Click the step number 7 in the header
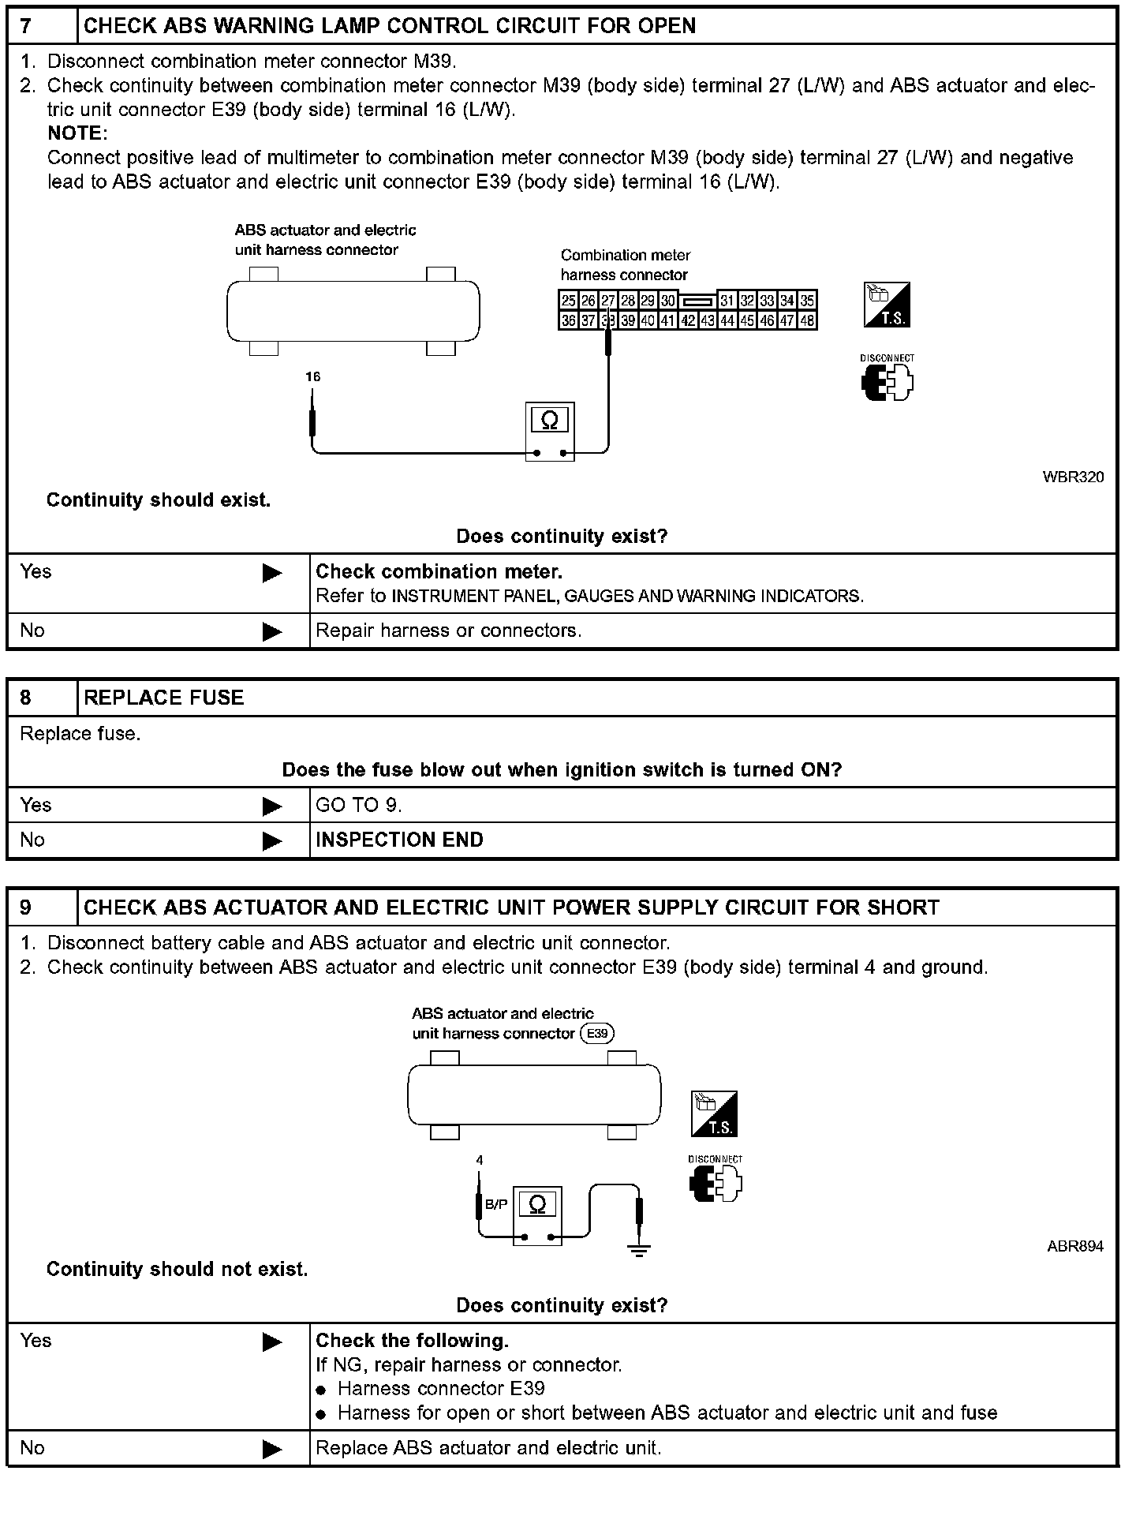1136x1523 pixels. click(x=27, y=26)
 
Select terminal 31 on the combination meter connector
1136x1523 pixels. click(x=727, y=301)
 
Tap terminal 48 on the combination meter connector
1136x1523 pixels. click(x=807, y=320)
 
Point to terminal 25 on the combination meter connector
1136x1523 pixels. click(x=568, y=301)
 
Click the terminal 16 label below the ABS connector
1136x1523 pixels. click(x=313, y=377)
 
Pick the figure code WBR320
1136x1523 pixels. click(x=1073, y=477)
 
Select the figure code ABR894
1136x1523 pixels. click(x=1074, y=1247)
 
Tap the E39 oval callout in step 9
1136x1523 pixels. click(x=597, y=1034)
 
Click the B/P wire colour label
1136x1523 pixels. click(x=496, y=1205)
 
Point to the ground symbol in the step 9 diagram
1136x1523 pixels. click(x=639, y=1249)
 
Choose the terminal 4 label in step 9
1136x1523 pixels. click(x=480, y=1160)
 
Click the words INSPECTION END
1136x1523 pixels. click(x=399, y=840)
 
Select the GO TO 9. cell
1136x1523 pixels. click(x=359, y=805)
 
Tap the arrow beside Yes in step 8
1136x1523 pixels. click(x=272, y=806)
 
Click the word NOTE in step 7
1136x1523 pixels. click(x=77, y=133)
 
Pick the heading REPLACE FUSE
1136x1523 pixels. click(x=164, y=698)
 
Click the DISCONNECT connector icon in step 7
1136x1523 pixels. click(x=887, y=382)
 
